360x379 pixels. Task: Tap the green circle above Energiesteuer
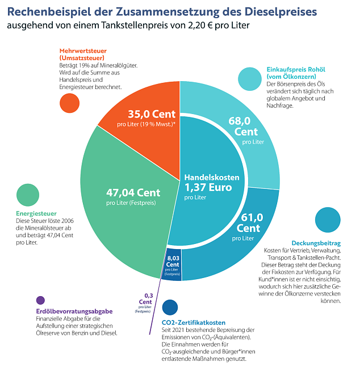(x=28, y=195)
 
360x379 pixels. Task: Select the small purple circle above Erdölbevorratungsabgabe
(x=40, y=300)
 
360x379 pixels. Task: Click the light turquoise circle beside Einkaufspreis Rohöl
(x=250, y=79)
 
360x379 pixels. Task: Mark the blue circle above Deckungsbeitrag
(x=328, y=220)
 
